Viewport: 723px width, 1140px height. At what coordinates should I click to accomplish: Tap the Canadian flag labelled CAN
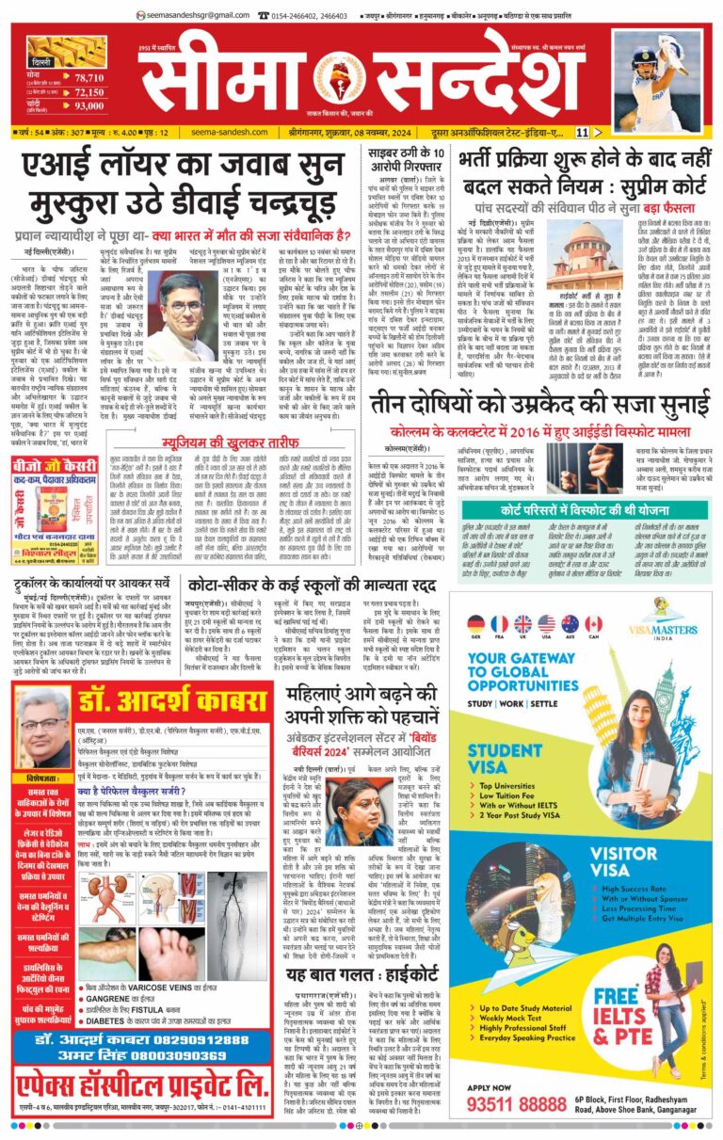[x=593, y=623]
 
